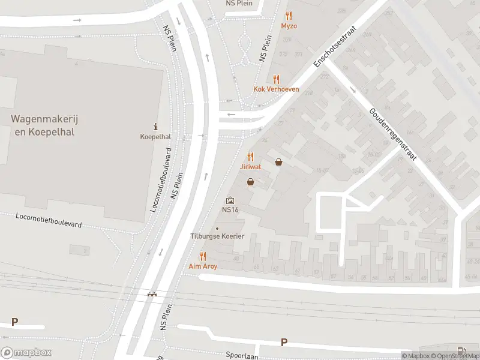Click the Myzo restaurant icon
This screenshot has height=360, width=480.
pos(289,16)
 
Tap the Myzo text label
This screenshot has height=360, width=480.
pos(289,26)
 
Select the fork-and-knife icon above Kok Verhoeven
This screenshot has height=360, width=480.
pos(276,79)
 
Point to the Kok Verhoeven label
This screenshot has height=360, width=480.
pos(276,89)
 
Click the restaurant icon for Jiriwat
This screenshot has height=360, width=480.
pos(250,156)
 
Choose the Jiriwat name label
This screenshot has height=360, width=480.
pos(250,166)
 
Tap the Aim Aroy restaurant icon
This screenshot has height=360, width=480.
pos(203,256)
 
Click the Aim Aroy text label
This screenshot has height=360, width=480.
pos(203,266)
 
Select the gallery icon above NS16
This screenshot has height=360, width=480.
pos(230,200)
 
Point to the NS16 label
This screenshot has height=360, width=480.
pos(230,210)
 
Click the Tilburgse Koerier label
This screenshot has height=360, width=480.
pos(217,236)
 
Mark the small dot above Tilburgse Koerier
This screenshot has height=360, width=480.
pos(217,228)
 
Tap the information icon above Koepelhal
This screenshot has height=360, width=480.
pos(155,127)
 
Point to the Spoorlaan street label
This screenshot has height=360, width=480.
pos(241,355)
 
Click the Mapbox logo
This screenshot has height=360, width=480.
pos(26,353)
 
